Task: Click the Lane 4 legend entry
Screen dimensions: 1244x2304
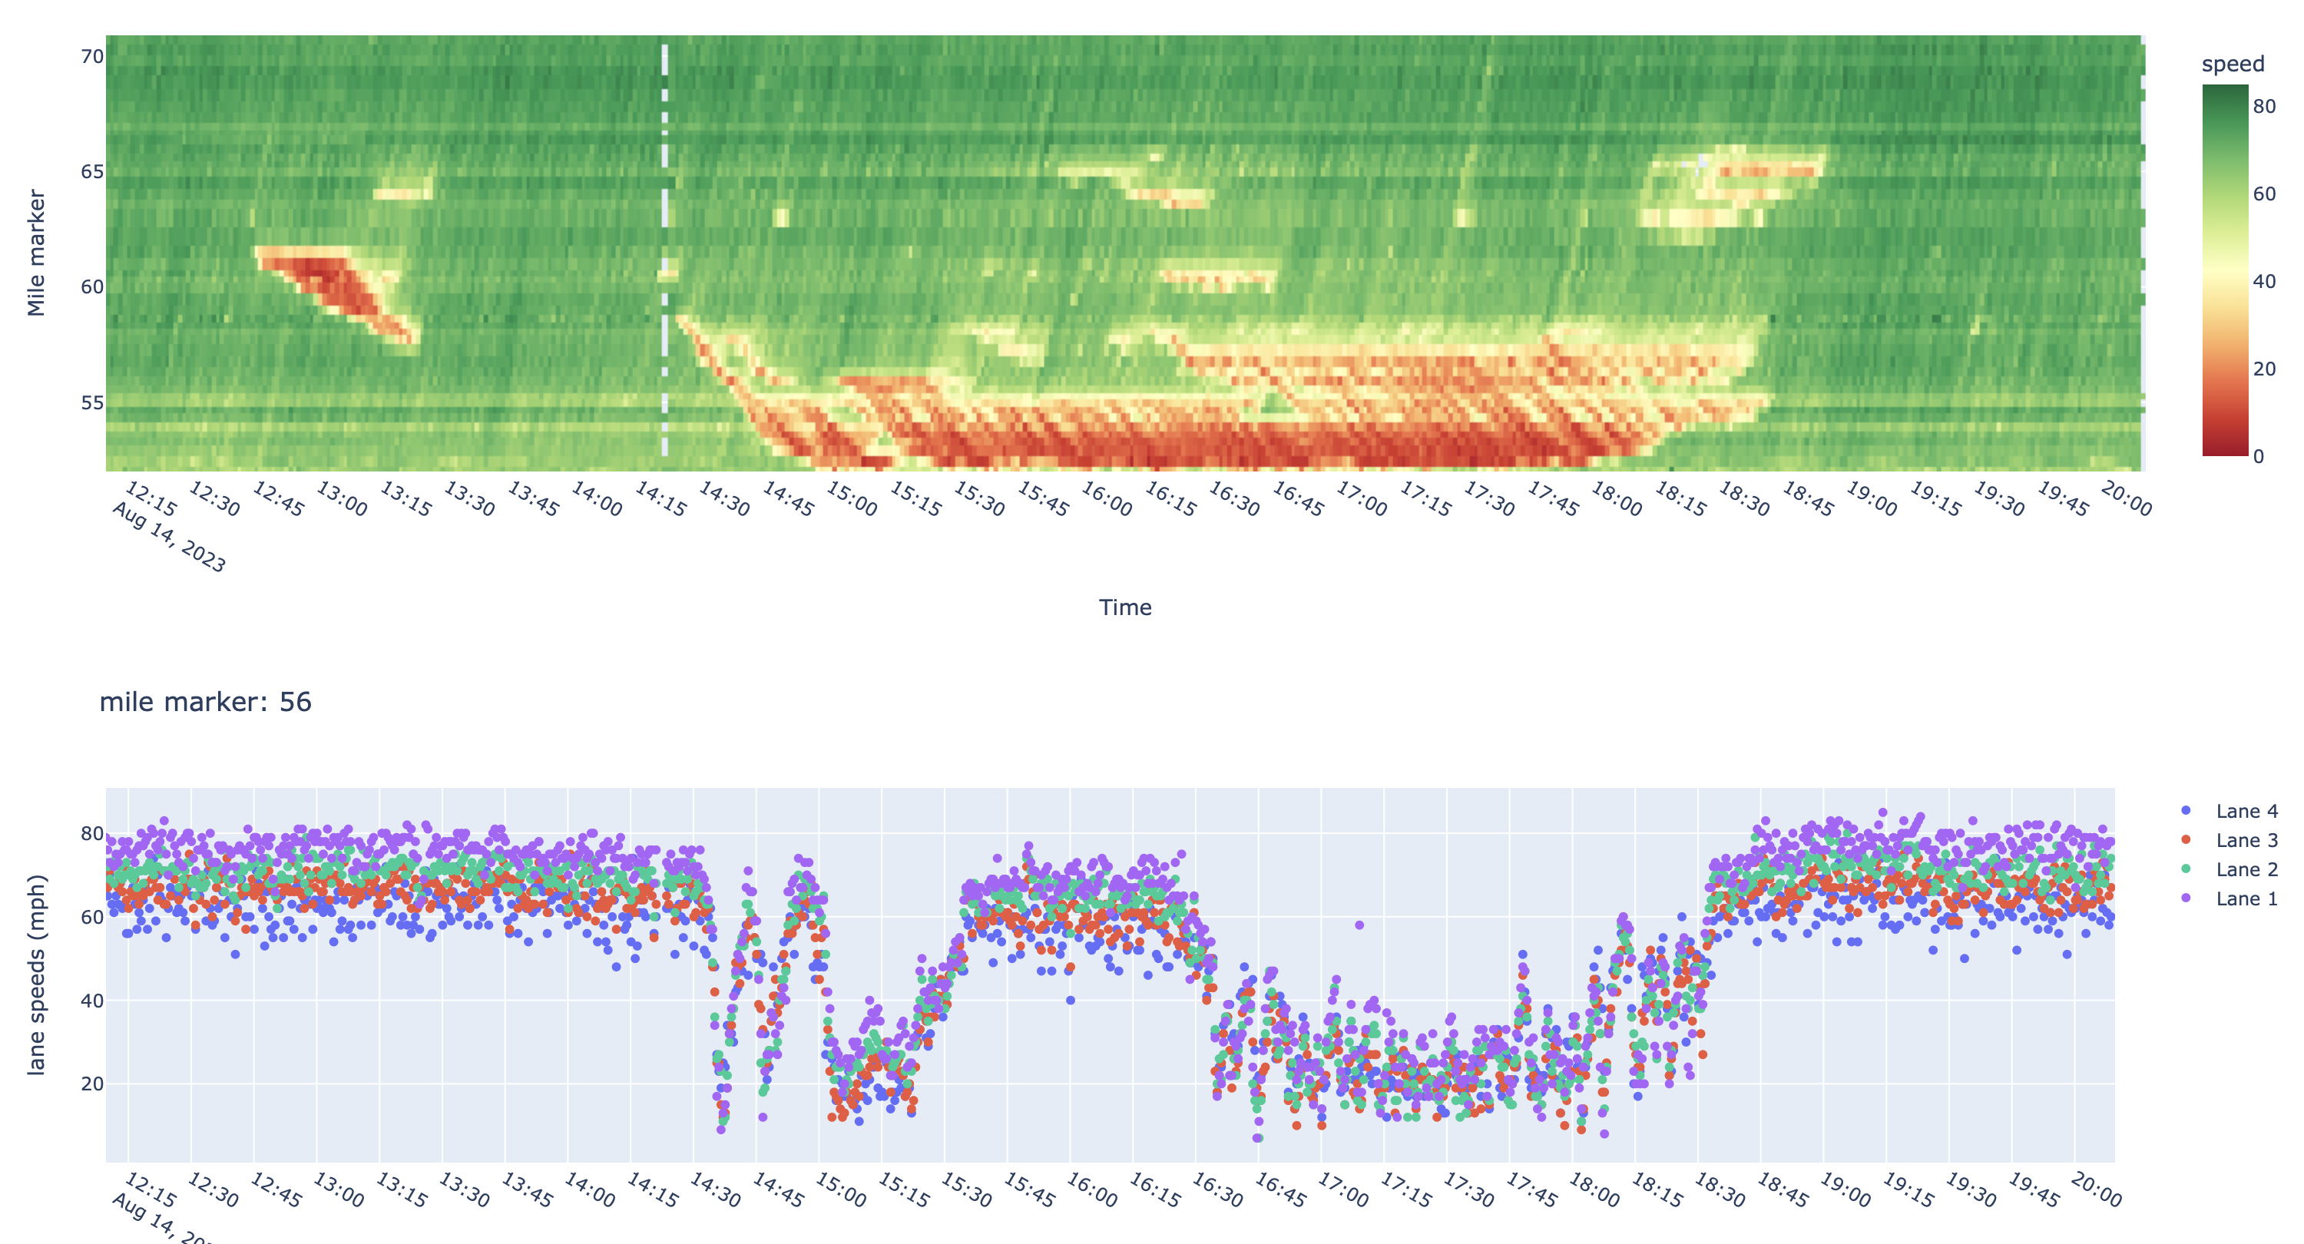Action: [2245, 811]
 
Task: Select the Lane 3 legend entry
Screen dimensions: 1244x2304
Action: [2245, 841]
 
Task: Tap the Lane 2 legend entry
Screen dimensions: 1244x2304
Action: [2245, 869]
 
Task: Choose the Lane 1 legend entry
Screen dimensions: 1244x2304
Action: [2245, 898]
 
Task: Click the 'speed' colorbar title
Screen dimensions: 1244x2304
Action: [2233, 65]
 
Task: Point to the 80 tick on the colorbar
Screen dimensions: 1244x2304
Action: [2264, 107]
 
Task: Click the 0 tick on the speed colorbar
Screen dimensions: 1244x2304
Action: [2259, 456]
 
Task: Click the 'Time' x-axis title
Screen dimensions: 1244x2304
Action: [1124, 608]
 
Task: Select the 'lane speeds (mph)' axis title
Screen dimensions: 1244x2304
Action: [36, 974]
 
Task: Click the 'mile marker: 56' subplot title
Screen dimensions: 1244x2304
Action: [206, 702]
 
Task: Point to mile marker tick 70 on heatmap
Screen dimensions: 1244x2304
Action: [92, 56]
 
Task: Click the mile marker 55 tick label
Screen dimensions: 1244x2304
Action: [92, 402]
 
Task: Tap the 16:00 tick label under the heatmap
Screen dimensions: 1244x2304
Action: [1107, 499]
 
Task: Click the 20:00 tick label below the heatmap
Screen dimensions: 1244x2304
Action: [2126, 499]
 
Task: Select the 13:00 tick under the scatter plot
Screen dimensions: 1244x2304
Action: [338, 1190]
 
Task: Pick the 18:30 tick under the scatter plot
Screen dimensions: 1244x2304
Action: [1719, 1190]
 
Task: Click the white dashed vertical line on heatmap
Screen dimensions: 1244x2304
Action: [664, 250]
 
